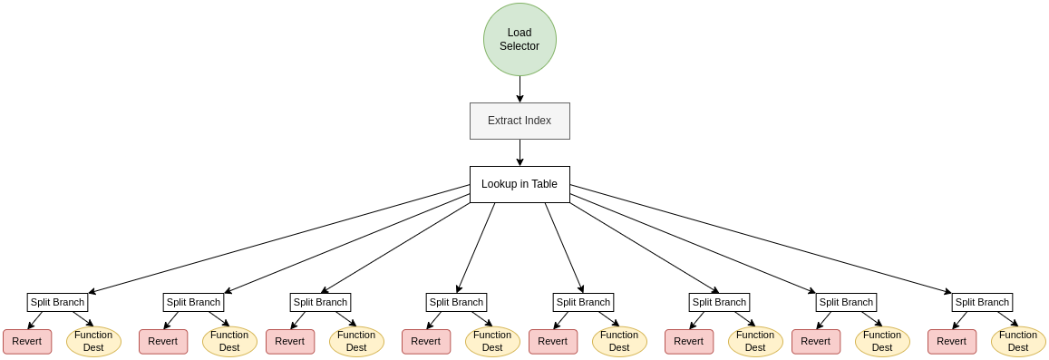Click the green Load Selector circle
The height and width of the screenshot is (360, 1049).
pos(520,39)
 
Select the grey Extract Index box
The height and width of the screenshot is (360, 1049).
pos(520,121)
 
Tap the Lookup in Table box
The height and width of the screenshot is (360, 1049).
pos(520,184)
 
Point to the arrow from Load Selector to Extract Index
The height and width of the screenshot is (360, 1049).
pos(520,89)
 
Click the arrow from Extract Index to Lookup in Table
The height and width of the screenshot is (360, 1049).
pos(520,152)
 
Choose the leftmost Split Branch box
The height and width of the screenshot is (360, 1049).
pos(57,302)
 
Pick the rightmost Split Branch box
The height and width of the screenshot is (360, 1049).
pos(982,302)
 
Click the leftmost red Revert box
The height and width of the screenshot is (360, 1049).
pos(27,341)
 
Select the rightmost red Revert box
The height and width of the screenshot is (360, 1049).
pos(952,341)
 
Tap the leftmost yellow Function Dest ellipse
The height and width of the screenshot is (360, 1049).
pos(93,341)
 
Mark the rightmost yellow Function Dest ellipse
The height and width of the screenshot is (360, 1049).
pos(1018,341)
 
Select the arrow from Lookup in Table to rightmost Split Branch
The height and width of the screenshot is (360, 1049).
pos(761,239)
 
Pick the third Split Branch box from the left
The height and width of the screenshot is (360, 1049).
pos(320,302)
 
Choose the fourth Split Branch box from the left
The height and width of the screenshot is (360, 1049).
pos(456,302)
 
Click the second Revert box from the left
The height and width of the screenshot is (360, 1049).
pos(163,341)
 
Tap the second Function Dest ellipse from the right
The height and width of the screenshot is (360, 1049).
pos(882,341)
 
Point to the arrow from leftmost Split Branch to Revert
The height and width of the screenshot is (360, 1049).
pos(35,320)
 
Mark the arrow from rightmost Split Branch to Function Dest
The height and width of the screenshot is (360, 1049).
pos(1007,318)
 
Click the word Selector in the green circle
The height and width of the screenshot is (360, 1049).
pos(520,46)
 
